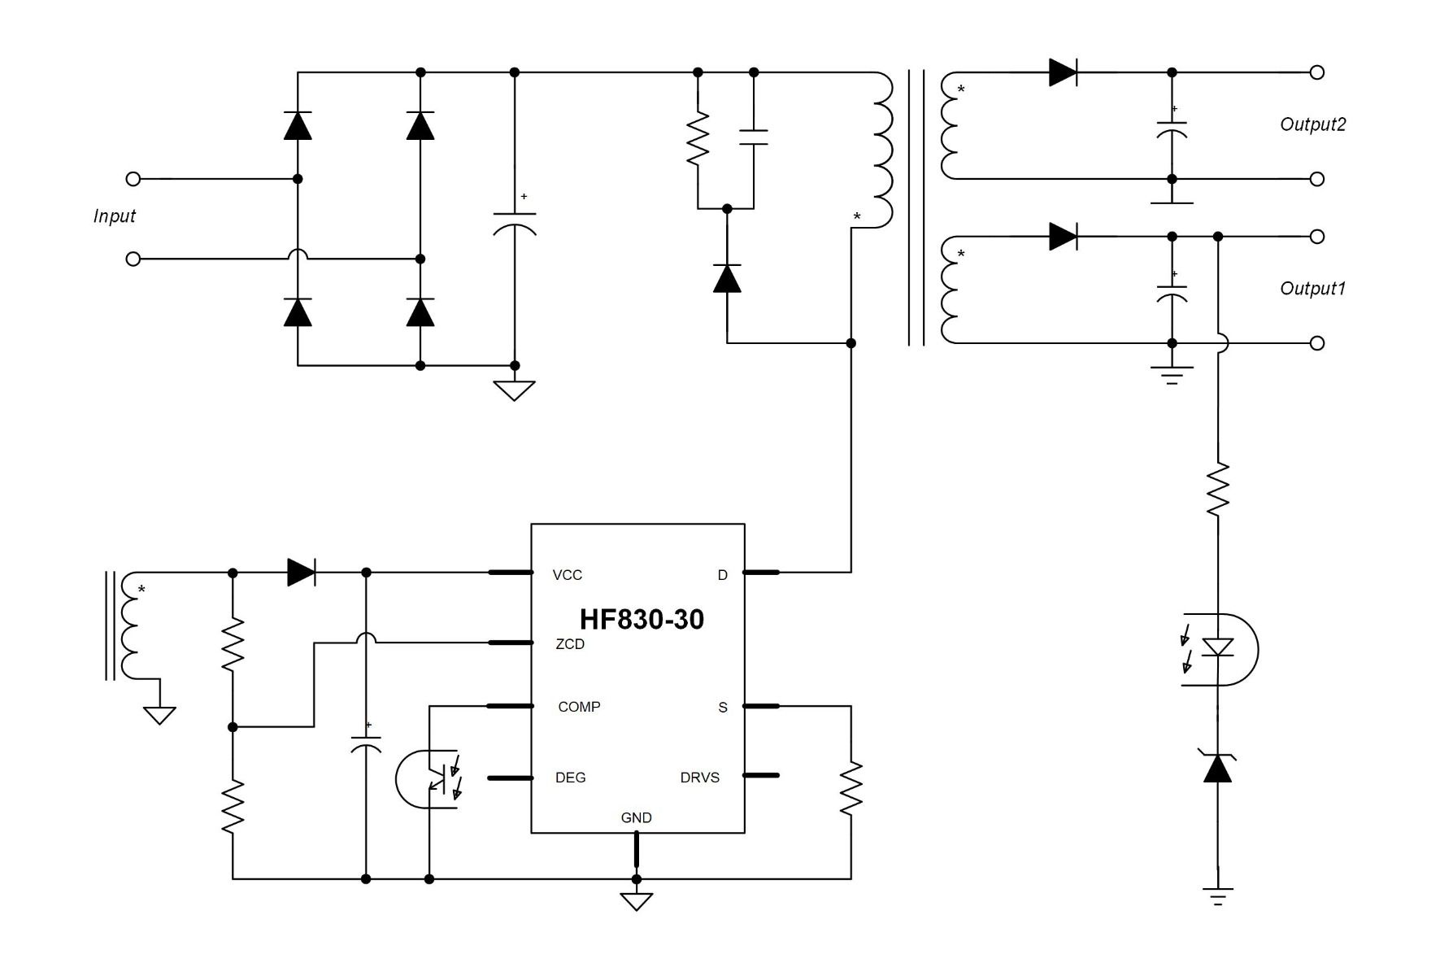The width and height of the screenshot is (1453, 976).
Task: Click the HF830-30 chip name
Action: pos(642,620)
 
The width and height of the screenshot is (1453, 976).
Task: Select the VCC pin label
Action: pos(567,575)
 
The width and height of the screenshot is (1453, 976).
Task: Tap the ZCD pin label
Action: pos(569,644)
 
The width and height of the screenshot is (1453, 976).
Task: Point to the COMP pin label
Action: pos(579,707)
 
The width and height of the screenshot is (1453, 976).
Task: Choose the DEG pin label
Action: pos(570,778)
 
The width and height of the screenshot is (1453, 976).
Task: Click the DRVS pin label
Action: pos(699,778)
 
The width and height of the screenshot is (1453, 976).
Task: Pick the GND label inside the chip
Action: pos(636,817)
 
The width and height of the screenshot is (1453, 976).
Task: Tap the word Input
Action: pos(114,216)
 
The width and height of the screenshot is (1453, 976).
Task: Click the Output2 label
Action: pos(1312,124)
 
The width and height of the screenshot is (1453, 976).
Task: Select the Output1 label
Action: pos(1312,289)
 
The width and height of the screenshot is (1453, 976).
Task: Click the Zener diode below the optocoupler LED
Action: pos(1217,768)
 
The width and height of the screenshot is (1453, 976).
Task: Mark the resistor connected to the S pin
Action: pos(850,787)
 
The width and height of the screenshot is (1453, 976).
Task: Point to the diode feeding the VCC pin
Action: pos(302,573)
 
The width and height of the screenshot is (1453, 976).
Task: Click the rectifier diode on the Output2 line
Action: pos(1063,72)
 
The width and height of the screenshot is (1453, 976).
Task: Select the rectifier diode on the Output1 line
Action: pos(1063,237)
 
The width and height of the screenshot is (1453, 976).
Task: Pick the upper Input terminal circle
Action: pos(133,179)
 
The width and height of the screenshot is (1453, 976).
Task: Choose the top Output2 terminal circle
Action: pos(1317,72)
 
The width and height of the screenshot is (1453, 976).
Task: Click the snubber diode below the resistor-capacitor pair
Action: pos(727,278)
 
